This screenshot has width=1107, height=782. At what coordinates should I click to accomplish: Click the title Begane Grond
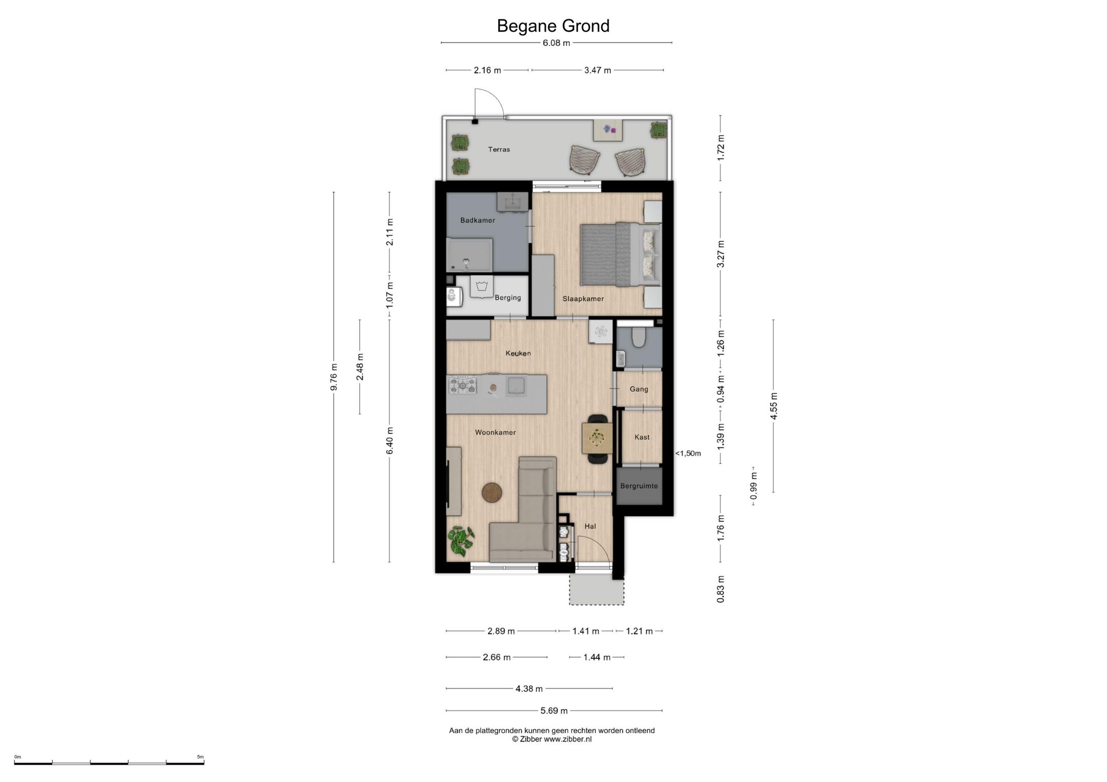[x=553, y=26]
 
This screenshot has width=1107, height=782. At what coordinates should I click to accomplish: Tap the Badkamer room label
[x=478, y=220]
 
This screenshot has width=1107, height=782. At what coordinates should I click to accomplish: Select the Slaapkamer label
[x=583, y=299]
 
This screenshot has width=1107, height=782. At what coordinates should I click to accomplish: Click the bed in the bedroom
[x=620, y=254]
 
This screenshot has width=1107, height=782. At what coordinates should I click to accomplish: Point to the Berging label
[x=508, y=298]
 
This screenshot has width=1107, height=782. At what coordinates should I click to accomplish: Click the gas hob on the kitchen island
[x=463, y=385]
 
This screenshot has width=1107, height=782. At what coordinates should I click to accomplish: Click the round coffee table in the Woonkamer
[x=492, y=493]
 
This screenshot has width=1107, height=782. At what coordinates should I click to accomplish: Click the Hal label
[x=590, y=526]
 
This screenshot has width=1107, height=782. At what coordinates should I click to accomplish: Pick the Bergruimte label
[x=639, y=486]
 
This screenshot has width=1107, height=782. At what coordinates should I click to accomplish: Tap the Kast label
[x=642, y=437]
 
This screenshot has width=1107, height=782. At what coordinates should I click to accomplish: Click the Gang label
[x=639, y=389]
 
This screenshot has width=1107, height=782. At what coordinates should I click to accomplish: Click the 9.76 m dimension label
[x=334, y=377]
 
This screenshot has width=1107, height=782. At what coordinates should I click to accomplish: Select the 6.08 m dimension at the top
[x=557, y=43]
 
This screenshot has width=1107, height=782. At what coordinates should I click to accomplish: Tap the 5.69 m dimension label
[x=554, y=711]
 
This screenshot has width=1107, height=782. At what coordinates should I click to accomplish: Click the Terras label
[x=499, y=150]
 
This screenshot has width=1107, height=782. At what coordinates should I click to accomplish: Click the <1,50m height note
[x=688, y=453]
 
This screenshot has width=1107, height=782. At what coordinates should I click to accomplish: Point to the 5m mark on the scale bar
[x=200, y=757]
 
